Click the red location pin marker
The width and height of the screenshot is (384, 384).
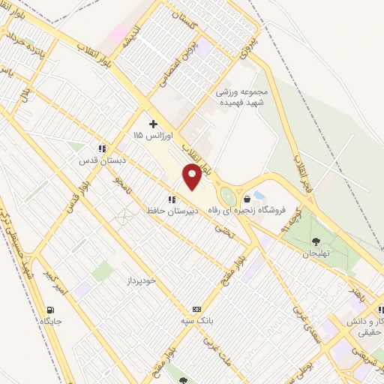[193, 177]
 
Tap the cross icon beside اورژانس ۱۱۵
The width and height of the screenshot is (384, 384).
[153, 123]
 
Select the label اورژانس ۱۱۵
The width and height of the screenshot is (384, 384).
[148, 136]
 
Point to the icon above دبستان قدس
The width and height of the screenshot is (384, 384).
[102, 148]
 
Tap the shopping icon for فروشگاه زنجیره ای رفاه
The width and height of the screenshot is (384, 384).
[247, 199]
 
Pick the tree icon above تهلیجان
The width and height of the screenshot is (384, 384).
[315, 241]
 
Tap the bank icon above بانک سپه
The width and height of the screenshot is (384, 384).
[197, 309]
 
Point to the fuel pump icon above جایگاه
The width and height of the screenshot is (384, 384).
[50, 310]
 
